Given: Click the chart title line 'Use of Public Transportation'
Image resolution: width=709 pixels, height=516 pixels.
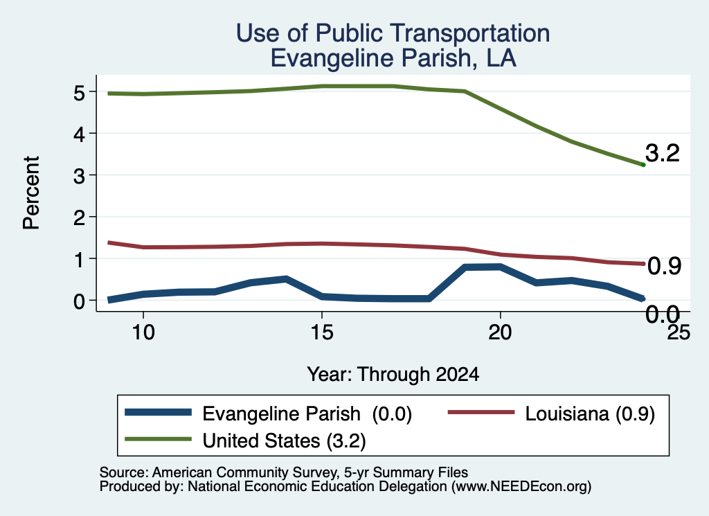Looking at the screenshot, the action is tap(393, 33).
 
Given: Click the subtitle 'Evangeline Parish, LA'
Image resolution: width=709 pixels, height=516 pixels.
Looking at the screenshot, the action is tap(393, 58).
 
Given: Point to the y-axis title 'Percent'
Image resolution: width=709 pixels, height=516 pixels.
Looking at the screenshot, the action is tap(32, 193).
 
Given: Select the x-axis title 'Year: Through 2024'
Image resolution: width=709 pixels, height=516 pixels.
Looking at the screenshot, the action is tap(393, 375).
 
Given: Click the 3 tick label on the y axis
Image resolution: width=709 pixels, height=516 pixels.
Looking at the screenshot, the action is tap(79, 175).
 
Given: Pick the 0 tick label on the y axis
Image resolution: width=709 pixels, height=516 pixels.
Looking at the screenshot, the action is tap(79, 301).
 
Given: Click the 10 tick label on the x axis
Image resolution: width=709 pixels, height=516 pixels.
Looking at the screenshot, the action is tap(143, 332).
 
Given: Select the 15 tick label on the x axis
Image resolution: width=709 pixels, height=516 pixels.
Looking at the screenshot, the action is tap(322, 332).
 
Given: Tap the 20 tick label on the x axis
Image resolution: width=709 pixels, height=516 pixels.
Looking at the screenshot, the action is tap(500, 332).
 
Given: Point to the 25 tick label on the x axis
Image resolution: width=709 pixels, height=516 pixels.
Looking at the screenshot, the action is tap(679, 332).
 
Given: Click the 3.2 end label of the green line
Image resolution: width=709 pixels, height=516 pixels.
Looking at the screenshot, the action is tap(663, 153).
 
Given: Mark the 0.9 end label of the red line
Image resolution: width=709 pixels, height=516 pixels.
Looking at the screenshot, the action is tap(664, 267).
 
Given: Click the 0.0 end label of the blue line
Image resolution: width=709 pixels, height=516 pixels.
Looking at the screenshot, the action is tap(663, 314).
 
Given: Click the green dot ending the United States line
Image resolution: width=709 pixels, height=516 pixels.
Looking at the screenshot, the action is tap(643, 165).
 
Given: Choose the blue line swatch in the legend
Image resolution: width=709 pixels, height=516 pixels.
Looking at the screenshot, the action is tap(159, 412).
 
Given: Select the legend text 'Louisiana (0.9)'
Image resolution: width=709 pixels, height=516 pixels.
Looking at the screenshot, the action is tap(590, 413).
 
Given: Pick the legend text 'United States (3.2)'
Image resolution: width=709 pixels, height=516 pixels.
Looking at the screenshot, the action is tap(284, 441).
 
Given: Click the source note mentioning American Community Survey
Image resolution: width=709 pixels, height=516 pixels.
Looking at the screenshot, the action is tap(283, 472).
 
